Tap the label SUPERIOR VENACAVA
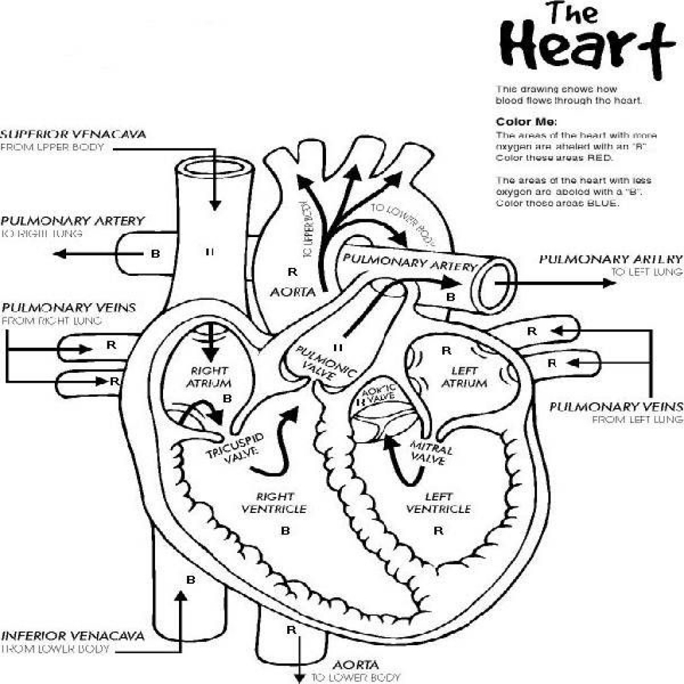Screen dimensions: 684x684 coord(73,134)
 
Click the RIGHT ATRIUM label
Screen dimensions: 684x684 coord(210,377)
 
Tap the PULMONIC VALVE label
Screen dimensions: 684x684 coord(326,364)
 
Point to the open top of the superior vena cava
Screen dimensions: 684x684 coord(214,167)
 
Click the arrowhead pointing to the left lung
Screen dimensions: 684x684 coord(608,283)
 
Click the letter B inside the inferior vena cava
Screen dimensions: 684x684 coord(190,580)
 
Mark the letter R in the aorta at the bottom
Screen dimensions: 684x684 coord(291,629)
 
